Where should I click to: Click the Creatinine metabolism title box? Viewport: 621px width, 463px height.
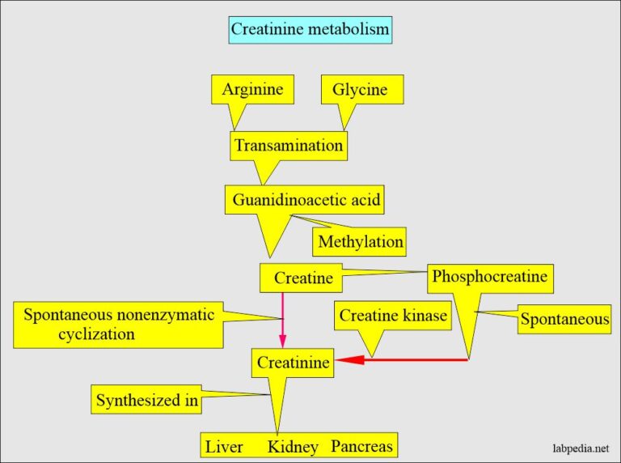310,30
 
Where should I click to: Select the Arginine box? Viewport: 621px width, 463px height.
252,89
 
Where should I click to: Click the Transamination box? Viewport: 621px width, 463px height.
289,146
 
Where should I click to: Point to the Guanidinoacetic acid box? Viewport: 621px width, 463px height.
306,199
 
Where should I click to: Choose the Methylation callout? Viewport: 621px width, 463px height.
359,242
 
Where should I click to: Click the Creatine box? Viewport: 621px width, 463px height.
302,278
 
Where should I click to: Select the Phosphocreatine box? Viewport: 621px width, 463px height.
490,277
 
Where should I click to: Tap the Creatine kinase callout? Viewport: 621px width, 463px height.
393,316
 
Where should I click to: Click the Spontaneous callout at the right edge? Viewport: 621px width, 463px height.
564,319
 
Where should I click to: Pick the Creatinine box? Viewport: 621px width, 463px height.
293,363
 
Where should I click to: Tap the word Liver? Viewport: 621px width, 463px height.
224,447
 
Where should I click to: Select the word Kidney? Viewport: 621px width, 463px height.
293,447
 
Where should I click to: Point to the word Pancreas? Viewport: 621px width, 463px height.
361,446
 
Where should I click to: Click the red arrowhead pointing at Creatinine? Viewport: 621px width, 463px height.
350,360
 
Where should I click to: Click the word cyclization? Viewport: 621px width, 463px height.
96,333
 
